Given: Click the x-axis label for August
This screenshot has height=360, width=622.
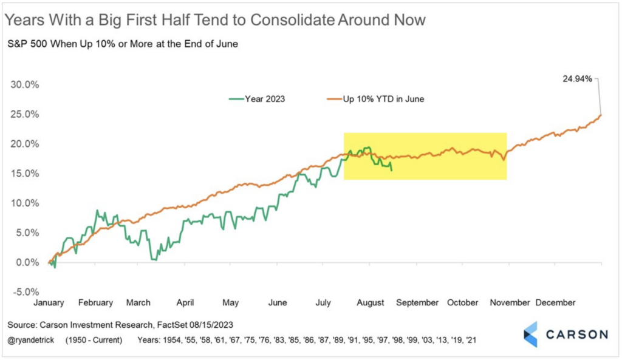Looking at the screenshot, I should (x=370, y=302).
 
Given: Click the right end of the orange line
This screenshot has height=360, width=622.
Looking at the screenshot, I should (x=601, y=114).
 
